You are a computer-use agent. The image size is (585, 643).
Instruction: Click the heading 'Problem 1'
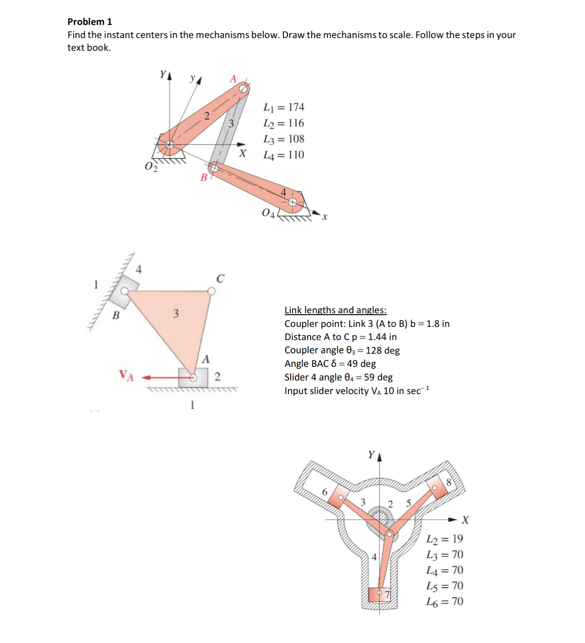click(x=89, y=22)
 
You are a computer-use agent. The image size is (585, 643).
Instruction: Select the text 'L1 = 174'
click(x=284, y=107)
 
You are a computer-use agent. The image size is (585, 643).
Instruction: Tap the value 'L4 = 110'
click(x=284, y=155)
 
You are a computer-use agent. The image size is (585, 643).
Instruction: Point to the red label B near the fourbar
click(x=204, y=178)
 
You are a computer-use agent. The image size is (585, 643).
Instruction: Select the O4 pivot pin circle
click(x=293, y=203)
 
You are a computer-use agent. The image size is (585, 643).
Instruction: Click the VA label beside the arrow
click(x=126, y=375)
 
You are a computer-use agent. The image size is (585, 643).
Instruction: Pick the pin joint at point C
click(x=211, y=291)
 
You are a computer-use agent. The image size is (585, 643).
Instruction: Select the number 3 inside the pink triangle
click(x=176, y=314)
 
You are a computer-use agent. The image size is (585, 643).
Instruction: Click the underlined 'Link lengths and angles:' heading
click(x=335, y=310)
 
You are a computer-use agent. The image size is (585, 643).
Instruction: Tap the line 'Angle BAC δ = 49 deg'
click(x=330, y=364)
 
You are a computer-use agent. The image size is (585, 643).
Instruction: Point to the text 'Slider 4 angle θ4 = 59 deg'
click(x=338, y=377)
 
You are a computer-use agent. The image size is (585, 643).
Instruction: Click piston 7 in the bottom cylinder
click(x=379, y=594)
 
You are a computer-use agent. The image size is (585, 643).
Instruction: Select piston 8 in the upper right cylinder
click(x=438, y=487)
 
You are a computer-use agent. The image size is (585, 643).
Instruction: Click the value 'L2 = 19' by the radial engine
click(x=444, y=539)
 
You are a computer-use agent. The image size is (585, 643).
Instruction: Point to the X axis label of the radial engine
click(x=465, y=520)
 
